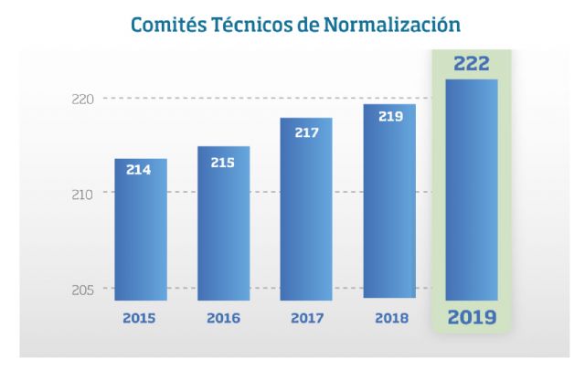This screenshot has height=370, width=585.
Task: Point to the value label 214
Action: (139, 170)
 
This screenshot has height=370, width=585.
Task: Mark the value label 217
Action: (306, 132)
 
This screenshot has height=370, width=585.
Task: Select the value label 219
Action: (389, 117)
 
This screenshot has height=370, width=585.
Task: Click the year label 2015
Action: (140, 319)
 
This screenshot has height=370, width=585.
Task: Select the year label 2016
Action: (223, 319)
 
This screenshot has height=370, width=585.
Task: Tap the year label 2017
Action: (306, 319)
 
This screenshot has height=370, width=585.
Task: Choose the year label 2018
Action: (389, 319)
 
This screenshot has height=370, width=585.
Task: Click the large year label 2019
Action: (472, 319)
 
